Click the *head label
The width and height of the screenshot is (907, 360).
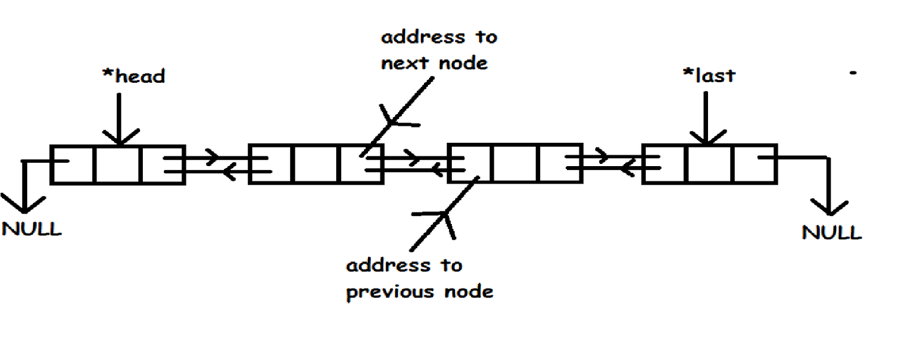pyautogui.click(x=134, y=76)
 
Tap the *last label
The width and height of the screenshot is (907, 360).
pyautogui.click(x=709, y=75)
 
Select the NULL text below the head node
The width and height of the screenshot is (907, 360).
pyautogui.click(x=32, y=229)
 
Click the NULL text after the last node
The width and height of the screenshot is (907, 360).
pyautogui.click(x=832, y=232)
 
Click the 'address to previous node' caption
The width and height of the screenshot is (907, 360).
pyautogui.click(x=419, y=278)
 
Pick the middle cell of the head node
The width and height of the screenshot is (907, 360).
pyautogui.click(x=117, y=165)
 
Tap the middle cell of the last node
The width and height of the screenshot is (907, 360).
pyautogui.click(x=709, y=164)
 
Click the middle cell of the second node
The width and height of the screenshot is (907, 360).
pyautogui.click(x=316, y=164)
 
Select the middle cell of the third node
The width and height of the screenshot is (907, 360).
pyautogui.click(x=515, y=164)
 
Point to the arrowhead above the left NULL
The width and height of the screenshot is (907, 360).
pyautogui.click(x=24, y=206)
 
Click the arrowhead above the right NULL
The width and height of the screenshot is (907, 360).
pyautogui.click(x=829, y=209)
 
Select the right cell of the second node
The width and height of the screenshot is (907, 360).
pyautogui.click(x=361, y=164)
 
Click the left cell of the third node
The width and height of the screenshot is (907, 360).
pyautogui.click(x=470, y=164)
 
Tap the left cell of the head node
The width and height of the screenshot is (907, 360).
pyautogui.click(x=73, y=165)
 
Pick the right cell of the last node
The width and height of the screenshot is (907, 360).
pyautogui.click(x=755, y=164)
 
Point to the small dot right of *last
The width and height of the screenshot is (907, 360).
pyautogui.click(x=853, y=73)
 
